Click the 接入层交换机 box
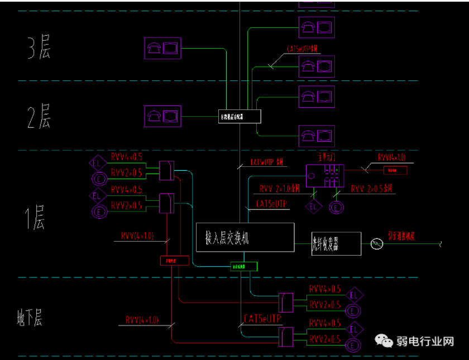tap(245, 239)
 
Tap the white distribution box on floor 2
tap(240, 117)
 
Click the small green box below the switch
tap(244, 267)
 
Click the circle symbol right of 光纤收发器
tap(377, 244)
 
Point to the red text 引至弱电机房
tap(401, 236)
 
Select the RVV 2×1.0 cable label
tap(279, 189)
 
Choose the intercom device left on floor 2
tap(162, 116)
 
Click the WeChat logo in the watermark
tap(384, 340)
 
